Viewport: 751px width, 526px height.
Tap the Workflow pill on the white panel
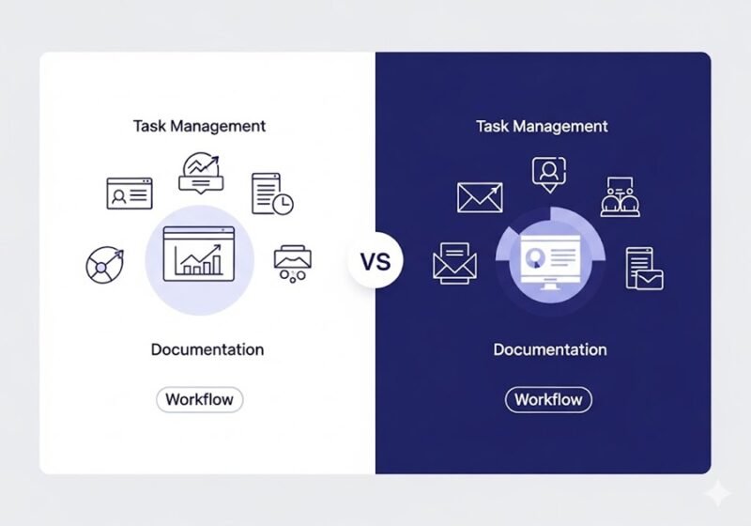click(199, 399)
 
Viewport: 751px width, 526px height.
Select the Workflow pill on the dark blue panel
click(549, 399)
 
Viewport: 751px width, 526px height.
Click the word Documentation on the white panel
click(207, 349)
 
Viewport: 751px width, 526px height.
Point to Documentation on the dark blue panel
click(550, 349)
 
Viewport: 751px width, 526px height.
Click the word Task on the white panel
click(151, 125)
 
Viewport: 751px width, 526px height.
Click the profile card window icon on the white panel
click(130, 193)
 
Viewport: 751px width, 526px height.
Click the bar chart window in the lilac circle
click(193, 253)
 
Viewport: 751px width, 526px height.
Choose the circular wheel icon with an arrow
click(102, 265)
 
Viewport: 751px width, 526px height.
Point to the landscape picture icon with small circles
click(293, 262)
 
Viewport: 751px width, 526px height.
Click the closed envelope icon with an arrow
click(481, 196)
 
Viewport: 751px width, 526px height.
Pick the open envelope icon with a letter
click(455, 262)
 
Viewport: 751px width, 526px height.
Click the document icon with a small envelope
click(644, 267)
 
